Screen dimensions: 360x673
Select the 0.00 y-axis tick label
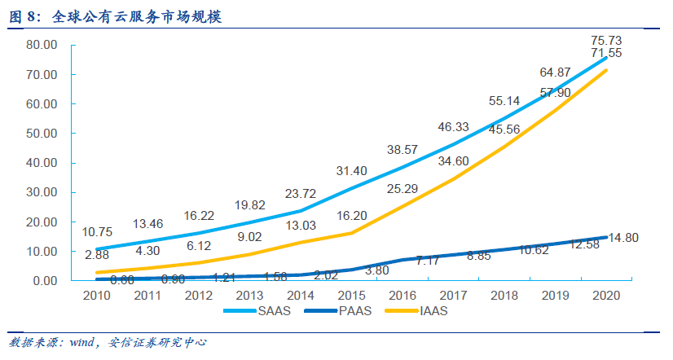(x=42, y=280)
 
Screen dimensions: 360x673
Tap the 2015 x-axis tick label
(x=352, y=295)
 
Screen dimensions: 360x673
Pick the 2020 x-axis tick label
(x=605, y=295)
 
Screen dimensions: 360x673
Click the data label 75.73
(x=605, y=40)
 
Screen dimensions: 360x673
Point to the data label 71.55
(x=605, y=53)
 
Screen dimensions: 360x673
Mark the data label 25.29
(x=402, y=190)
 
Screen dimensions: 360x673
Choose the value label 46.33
(x=453, y=127)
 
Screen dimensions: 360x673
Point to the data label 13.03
(x=301, y=225)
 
